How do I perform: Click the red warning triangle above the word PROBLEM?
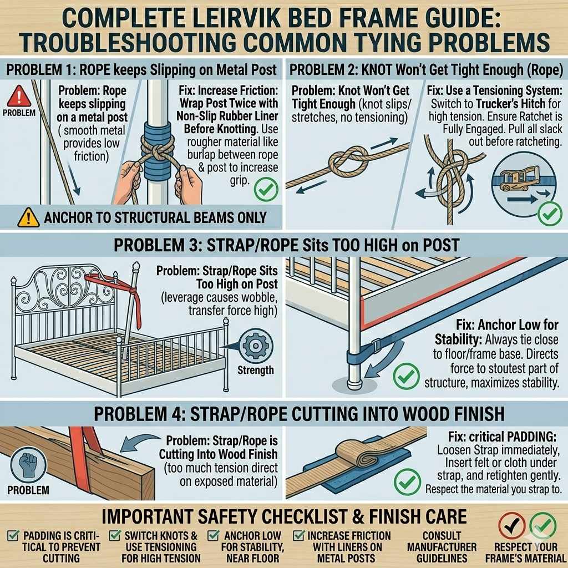click(x=19, y=97)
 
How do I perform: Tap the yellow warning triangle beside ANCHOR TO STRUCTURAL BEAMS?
click(x=28, y=217)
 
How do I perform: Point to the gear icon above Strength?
click(x=256, y=346)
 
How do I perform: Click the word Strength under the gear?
click(x=256, y=370)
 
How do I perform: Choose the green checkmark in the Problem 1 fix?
click(x=266, y=189)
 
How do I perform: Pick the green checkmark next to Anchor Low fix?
click(x=406, y=376)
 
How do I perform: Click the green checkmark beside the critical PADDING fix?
click(x=407, y=481)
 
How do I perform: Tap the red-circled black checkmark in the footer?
click(x=512, y=526)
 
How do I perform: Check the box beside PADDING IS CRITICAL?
click(x=14, y=535)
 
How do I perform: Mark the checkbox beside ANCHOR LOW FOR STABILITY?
click(x=213, y=535)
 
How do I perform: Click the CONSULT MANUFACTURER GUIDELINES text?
click(x=442, y=546)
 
